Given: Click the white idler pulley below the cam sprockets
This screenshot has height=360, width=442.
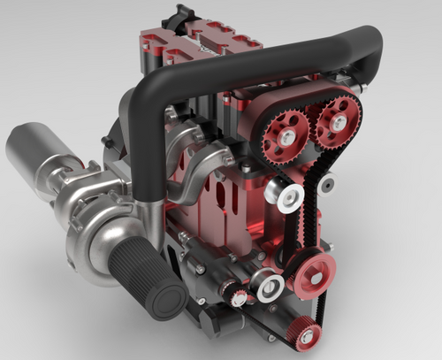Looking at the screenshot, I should click(x=289, y=195).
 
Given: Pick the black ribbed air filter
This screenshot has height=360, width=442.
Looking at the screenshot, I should click(x=155, y=276).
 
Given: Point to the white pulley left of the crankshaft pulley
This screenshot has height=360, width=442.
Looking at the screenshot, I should click(x=269, y=286).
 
